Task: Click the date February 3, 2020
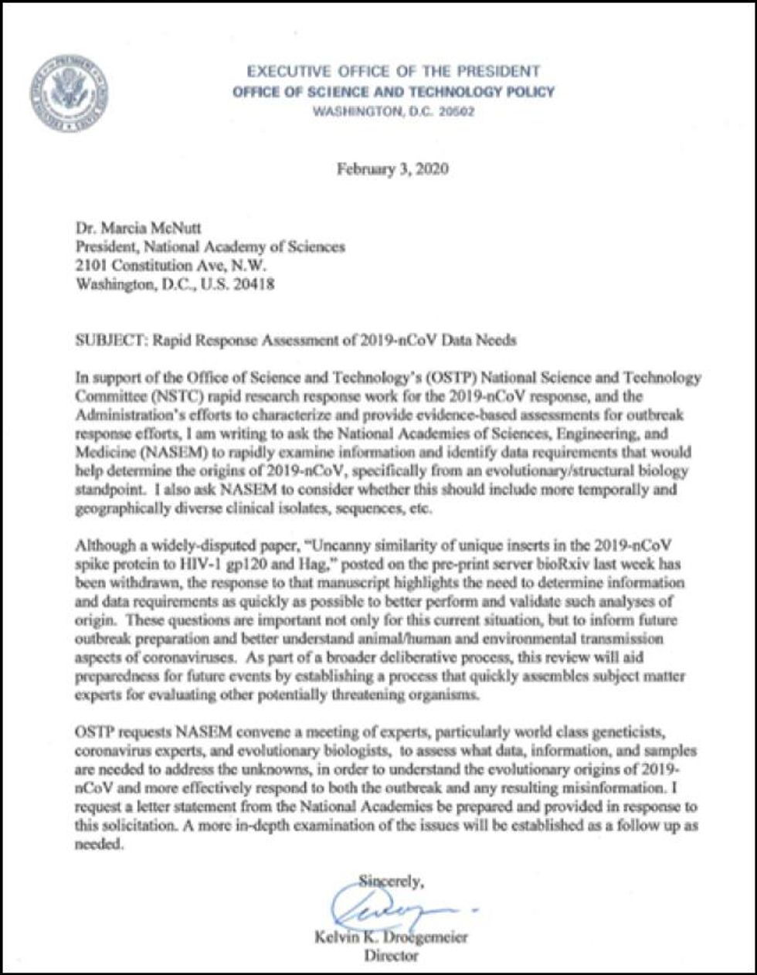[x=392, y=169]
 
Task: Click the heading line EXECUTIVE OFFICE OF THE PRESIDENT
[x=393, y=72]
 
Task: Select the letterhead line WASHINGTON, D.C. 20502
[x=393, y=111]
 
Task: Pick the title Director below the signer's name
[x=390, y=956]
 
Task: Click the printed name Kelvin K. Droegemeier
[x=391, y=938]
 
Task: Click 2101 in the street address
[x=92, y=266]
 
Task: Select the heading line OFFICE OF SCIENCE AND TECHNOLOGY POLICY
[x=393, y=92]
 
